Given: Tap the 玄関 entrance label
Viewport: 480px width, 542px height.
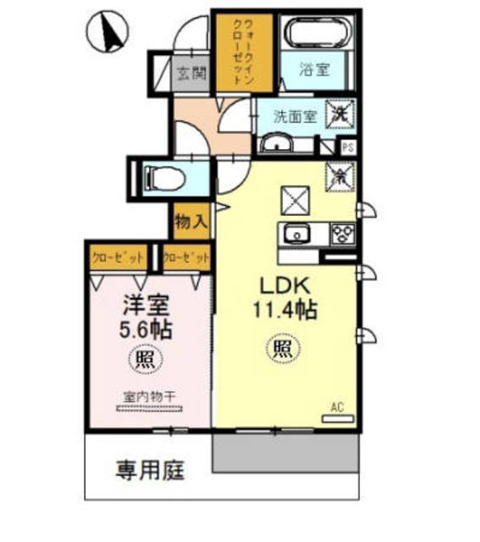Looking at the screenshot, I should tap(191, 72).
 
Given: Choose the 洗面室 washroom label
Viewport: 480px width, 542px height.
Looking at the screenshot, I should tap(295, 117).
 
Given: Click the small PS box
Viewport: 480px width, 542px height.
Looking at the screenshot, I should tap(347, 146).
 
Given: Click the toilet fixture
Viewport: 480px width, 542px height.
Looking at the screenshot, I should tap(160, 177).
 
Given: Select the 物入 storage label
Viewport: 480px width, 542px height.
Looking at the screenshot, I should tap(191, 222).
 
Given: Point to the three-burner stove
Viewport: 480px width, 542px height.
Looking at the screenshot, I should tap(340, 233).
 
